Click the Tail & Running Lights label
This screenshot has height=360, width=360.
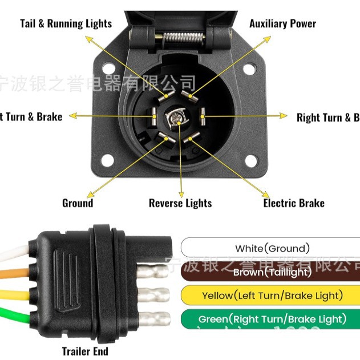pyautogui.click(x=66, y=23)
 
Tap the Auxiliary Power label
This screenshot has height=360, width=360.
pyautogui.click(x=282, y=23)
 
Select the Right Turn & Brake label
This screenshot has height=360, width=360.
pyautogui.click(x=328, y=118)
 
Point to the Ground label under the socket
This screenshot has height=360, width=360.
pyautogui.click(x=78, y=203)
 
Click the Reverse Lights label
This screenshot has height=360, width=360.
pyautogui.click(x=180, y=203)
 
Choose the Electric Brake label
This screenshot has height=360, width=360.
pyautogui.click(x=293, y=203)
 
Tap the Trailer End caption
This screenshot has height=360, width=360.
pyautogui.click(x=85, y=351)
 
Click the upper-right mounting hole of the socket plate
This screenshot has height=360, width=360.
pyautogui.click(x=249, y=70)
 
